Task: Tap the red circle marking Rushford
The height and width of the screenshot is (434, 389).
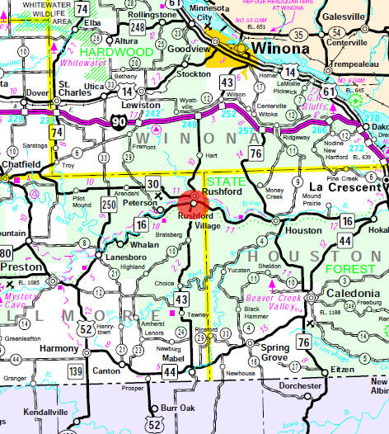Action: coord(194,202)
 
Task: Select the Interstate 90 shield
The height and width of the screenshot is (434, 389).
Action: coord(121,122)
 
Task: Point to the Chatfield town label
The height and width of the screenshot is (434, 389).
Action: coord(21,165)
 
